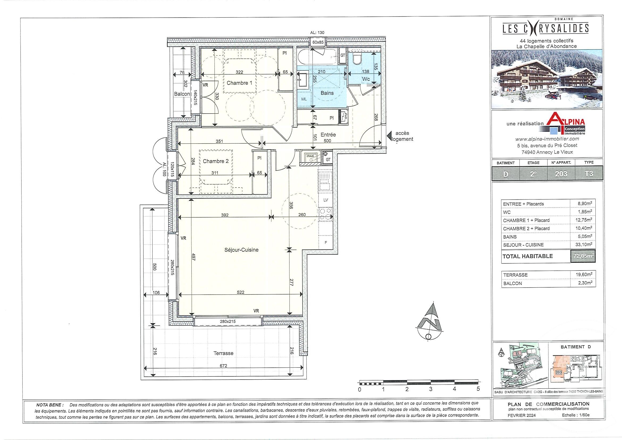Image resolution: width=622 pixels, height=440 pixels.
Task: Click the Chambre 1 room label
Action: (x=239, y=83)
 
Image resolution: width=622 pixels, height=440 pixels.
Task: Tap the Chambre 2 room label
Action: (x=216, y=161)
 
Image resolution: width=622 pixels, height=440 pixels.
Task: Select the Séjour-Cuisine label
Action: (x=241, y=250)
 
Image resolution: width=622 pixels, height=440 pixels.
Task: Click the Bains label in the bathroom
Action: (x=327, y=93)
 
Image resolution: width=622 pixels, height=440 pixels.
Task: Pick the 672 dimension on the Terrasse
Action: (x=223, y=366)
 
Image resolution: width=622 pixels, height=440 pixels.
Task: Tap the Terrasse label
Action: (x=223, y=353)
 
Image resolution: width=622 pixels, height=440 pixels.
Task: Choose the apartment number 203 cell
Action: (x=561, y=173)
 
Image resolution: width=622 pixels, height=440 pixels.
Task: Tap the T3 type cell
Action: (x=589, y=173)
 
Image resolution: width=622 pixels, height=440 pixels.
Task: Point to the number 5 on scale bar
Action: (x=478, y=389)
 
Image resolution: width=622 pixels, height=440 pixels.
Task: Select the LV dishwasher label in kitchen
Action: (x=326, y=200)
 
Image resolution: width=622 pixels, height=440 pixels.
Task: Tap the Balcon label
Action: (x=182, y=94)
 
